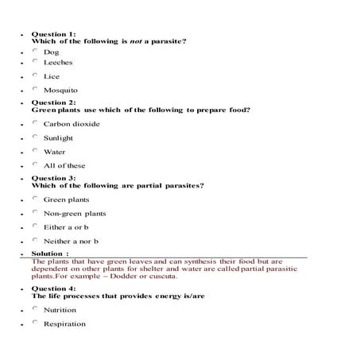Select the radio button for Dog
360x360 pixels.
[35, 51]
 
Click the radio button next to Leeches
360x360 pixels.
[35, 60]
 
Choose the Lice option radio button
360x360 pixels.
[35, 75]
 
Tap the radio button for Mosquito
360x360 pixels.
[35, 89]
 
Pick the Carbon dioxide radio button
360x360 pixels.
[35, 122]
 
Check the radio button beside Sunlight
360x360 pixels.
[35, 136]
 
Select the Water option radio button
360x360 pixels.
[35, 150]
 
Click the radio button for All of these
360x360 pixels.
[35, 164]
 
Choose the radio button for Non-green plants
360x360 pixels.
[35, 212]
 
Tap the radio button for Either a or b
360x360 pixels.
[35, 226]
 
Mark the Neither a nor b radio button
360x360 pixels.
[35, 239]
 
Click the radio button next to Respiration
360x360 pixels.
[35, 323]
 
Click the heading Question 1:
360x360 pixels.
[53, 34]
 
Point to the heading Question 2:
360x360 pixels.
[53, 103]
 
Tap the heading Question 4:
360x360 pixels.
[53, 288]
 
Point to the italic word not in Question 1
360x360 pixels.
[137, 41]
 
